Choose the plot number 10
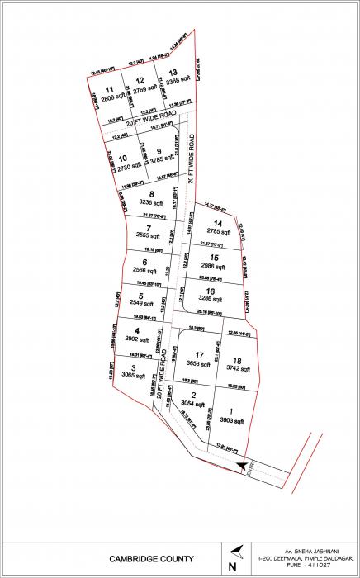coord(122,159)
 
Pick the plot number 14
coord(218,224)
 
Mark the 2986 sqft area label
coord(214,268)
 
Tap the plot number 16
coord(212,291)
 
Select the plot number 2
coord(193,396)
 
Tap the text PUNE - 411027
coord(306,570)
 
